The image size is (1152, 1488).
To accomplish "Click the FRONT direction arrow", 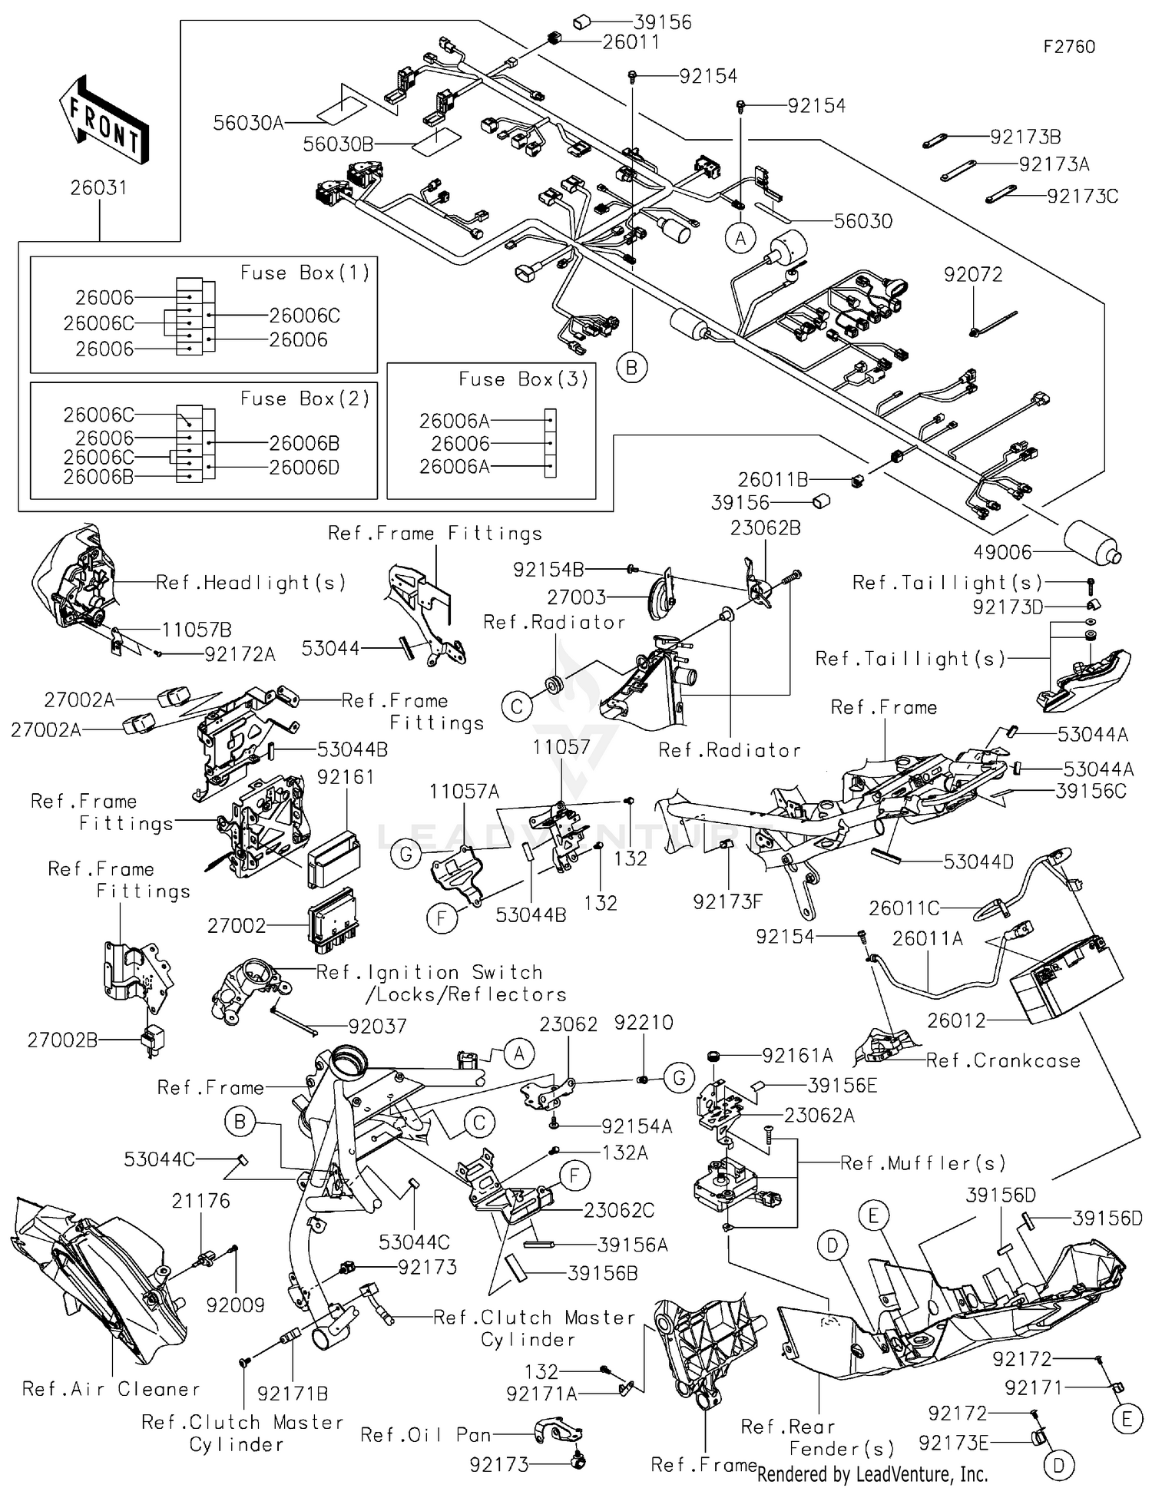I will pos(102,121).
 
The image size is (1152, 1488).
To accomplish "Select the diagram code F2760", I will pos(1068,47).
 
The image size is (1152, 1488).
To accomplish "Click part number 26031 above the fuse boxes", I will pos(98,188).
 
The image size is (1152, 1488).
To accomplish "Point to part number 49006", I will pos(1002,552).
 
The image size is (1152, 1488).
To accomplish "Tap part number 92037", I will pos(377,1027).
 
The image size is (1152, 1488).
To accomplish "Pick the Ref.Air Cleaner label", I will pos(111,1389).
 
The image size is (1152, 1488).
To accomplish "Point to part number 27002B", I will pos(62,1040).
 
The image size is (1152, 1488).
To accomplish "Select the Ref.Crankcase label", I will pos(1002,1061).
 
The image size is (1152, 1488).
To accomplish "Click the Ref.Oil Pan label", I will pos(425,1435).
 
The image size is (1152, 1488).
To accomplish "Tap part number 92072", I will pos(973,275).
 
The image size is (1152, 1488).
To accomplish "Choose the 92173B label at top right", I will pos(1025,137).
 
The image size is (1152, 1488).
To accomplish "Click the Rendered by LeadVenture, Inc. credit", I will pos(872,1474).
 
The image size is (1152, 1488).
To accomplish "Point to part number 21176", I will pos(200,1201).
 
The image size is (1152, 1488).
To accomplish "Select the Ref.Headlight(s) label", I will pos(250,583).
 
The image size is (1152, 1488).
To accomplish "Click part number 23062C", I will pos(618,1210).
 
